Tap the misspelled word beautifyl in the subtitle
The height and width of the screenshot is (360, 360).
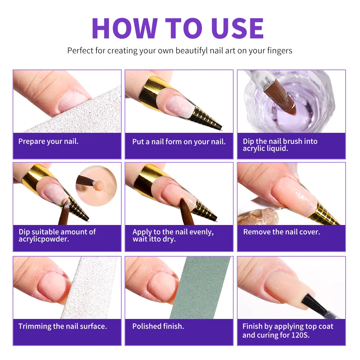pyautogui.click(x=192, y=50)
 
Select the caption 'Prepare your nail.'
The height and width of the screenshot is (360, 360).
pyautogui.click(x=48, y=141)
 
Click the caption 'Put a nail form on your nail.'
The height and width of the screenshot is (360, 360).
pyautogui.click(x=179, y=141)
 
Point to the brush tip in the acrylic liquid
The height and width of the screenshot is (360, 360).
pyautogui.click(x=288, y=104)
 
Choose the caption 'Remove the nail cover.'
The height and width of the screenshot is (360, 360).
pyautogui.click(x=282, y=232)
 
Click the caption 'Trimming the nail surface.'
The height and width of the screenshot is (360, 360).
pyautogui.click(x=63, y=327)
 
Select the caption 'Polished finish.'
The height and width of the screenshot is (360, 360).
pyautogui.click(x=158, y=327)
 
